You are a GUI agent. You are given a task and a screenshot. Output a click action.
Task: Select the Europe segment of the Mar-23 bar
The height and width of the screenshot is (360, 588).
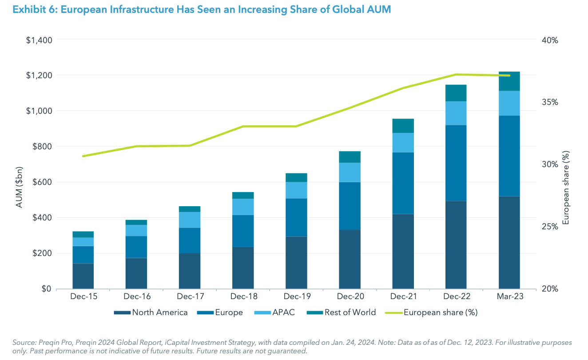tap(509, 156)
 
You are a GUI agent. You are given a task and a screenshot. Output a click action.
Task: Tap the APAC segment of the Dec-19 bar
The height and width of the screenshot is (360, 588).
tap(296, 190)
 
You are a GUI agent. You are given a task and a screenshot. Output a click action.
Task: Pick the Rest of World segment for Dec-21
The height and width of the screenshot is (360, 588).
tap(403, 126)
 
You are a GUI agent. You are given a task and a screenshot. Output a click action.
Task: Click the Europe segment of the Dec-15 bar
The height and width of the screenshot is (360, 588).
tap(83, 255)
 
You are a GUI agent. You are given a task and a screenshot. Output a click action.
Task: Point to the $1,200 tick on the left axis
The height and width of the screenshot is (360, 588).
tap(39, 76)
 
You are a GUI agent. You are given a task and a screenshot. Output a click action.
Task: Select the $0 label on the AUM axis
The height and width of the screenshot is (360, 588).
tap(46, 289)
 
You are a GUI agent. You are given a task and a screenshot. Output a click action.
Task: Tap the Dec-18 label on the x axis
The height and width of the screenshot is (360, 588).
tap(243, 296)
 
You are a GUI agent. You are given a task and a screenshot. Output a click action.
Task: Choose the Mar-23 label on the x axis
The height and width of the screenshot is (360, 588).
tap(509, 296)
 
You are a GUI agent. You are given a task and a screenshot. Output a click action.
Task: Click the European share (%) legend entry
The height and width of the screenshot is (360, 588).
tap(440, 312)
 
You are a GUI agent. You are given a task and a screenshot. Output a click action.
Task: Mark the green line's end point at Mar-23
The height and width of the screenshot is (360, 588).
tap(509, 76)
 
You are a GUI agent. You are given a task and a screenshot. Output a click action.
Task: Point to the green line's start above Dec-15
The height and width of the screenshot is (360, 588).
tap(83, 156)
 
